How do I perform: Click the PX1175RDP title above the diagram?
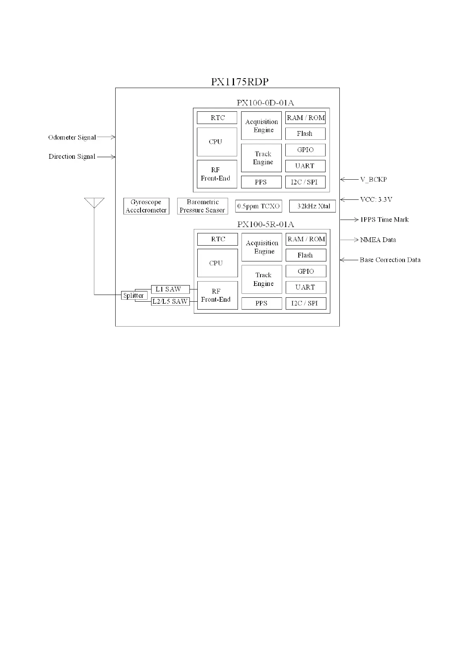click(x=240, y=82)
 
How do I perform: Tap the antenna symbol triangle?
click(x=94, y=203)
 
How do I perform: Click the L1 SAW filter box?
click(x=170, y=289)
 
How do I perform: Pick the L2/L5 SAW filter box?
click(x=170, y=301)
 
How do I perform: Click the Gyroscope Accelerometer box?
click(x=146, y=206)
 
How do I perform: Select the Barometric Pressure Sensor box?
click(x=202, y=206)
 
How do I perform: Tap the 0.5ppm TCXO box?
click(x=258, y=206)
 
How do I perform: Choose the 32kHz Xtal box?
click(x=313, y=206)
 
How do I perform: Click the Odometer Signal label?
click(x=72, y=137)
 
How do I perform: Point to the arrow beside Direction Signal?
click(x=106, y=157)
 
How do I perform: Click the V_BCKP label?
click(x=373, y=180)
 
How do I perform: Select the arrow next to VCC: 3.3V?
click(x=349, y=200)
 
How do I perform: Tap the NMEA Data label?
click(x=378, y=240)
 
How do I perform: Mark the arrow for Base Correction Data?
click(x=349, y=260)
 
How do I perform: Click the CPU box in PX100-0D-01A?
click(x=217, y=142)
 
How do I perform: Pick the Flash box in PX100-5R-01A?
click(x=306, y=255)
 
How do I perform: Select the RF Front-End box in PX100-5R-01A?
click(x=217, y=295)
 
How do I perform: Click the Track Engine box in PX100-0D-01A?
click(x=261, y=158)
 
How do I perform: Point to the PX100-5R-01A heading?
click(x=266, y=224)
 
